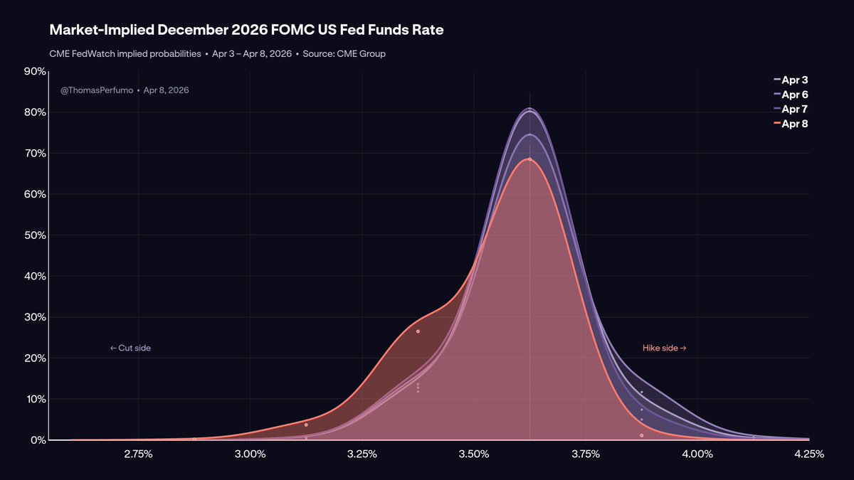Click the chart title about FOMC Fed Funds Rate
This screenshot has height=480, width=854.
(x=246, y=30)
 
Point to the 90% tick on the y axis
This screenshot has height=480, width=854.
(x=34, y=71)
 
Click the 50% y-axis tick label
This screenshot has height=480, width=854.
(x=34, y=235)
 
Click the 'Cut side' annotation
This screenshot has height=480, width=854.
(x=130, y=348)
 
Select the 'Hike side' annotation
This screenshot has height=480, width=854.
(x=664, y=348)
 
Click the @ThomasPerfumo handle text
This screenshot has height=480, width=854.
(x=97, y=90)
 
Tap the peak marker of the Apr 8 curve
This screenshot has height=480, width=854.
(x=529, y=159)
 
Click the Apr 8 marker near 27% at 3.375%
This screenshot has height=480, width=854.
(x=418, y=331)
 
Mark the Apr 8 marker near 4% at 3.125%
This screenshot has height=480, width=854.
(x=306, y=425)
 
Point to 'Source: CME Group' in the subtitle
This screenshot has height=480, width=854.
(x=344, y=54)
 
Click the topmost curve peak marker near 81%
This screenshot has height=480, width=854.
(x=529, y=109)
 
